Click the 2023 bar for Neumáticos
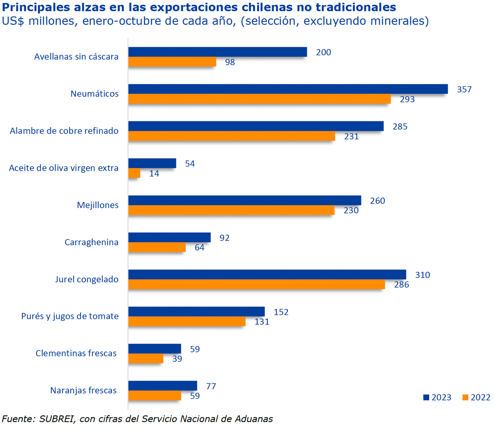(288, 89)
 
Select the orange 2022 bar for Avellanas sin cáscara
(172, 62)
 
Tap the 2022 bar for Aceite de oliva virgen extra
(134, 173)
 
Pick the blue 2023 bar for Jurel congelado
(267, 274)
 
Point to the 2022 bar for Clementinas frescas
(146, 359)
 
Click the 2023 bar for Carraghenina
(169, 237)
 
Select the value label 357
(464, 89)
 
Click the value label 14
(154, 174)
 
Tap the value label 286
(401, 285)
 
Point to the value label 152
(281, 312)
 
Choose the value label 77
(211, 386)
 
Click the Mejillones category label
(98, 205)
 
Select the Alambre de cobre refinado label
(64, 131)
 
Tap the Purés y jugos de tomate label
(70, 316)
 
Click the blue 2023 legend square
(426, 398)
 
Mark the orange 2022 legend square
(465, 398)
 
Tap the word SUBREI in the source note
(57, 419)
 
